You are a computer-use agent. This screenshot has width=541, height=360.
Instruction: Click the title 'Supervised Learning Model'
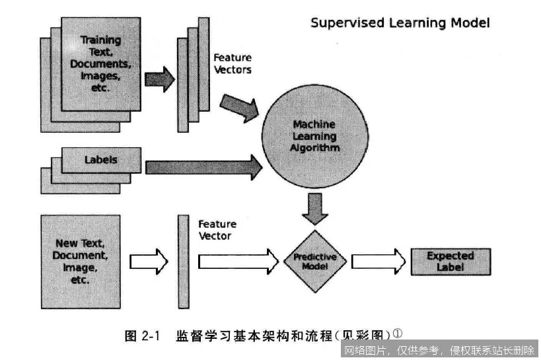click(400, 23)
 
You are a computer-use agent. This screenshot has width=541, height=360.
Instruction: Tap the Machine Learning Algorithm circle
click(314, 136)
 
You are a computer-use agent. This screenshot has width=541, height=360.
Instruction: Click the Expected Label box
click(450, 261)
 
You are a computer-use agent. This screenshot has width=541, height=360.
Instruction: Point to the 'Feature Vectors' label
click(232, 63)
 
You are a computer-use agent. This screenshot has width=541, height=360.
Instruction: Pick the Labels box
click(101, 160)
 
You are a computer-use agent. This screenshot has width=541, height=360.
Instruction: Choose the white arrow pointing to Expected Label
click(377, 261)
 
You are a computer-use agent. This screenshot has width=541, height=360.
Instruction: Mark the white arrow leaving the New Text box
click(149, 262)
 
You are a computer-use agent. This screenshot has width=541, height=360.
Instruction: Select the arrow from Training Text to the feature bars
click(159, 79)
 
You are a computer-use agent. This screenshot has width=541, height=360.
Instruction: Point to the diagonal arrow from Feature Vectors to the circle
click(239, 107)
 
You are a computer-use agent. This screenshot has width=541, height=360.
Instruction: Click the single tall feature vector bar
click(183, 261)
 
